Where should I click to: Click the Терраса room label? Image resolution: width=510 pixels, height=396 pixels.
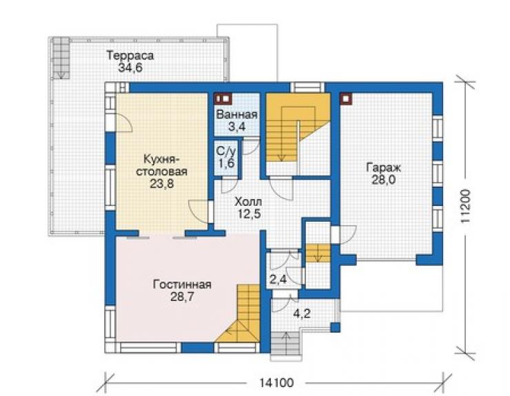(x=130, y=56)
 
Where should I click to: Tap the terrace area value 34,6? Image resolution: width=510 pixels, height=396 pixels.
(x=130, y=68)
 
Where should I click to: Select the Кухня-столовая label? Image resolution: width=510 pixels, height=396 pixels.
(x=161, y=165)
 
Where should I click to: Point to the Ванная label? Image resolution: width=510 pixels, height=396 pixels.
(x=237, y=114)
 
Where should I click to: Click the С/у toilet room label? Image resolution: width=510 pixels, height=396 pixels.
(x=226, y=151)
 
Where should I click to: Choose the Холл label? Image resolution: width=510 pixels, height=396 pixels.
(x=248, y=202)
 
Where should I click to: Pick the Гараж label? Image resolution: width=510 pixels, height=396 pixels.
(x=384, y=167)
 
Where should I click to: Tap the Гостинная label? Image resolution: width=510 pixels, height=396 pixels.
(x=182, y=284)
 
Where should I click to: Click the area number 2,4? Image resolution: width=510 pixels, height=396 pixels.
(x=278, y=279)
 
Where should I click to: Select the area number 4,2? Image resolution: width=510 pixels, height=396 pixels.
(x=302, y=314)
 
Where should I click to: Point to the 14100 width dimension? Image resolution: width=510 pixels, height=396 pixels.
(x=276, y=383)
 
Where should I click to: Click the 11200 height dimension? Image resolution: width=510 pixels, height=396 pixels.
(x=465, y=206)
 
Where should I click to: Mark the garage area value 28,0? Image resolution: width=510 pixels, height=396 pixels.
(x=384, y=180)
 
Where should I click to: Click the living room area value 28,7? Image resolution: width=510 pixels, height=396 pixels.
(x=182, y=297)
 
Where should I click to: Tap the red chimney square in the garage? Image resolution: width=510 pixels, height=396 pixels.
(x=346, y=99)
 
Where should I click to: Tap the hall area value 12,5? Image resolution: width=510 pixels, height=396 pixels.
(x=248, y=214)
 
